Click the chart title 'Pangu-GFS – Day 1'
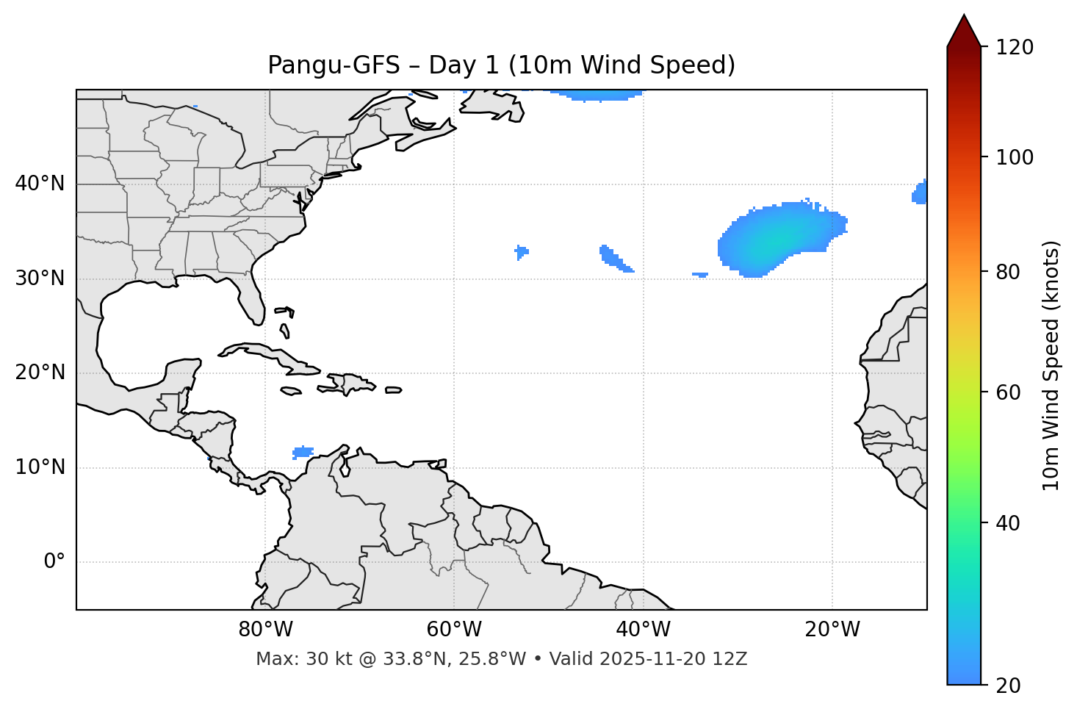501,65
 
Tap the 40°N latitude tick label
40,184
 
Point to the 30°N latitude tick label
40,278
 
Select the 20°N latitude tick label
40,373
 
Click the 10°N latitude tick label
40,467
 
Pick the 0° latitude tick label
54,562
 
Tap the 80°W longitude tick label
265,630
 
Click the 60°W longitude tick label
454,630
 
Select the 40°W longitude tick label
643,630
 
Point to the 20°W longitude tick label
832,630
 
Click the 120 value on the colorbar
1015,48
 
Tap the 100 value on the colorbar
1015,157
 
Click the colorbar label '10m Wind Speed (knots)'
1051,365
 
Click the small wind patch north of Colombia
303,451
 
